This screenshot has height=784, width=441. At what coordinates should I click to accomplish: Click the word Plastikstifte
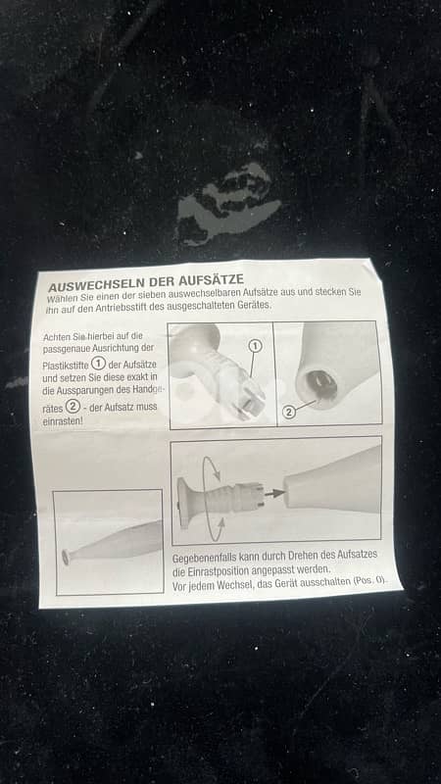[x=66, y=366]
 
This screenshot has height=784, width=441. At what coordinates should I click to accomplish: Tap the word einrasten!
[x=63, y=421]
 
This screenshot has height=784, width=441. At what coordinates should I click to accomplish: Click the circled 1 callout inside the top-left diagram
[x=256, y=346]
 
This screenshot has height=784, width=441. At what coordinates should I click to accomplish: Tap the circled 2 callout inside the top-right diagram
[x=288, y=412]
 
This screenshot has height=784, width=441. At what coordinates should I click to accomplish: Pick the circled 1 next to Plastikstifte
[x=98, y=364]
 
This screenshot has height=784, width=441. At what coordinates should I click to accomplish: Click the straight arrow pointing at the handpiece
[x=274, y=493]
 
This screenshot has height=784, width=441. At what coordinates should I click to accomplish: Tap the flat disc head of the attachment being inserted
[x=182, y=503]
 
